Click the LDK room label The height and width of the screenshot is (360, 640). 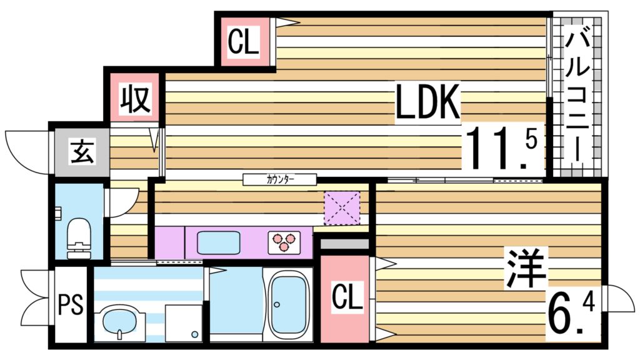(427, 102)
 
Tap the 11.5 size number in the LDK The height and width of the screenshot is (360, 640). (503, 147)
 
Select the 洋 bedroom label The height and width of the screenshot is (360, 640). (526, 267)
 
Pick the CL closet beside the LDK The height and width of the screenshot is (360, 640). (244, 42)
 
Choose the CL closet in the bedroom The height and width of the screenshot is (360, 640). (347, 297)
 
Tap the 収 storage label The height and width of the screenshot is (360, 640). (136, 98)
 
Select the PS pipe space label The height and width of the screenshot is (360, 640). (71, 304)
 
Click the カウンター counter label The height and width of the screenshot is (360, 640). (280, 179)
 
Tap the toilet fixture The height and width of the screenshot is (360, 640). (79, 239)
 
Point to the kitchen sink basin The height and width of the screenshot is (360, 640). (218, 243)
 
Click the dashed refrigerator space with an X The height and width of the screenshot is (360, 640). (342, 208)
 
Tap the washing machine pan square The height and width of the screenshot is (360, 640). (184, 323)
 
